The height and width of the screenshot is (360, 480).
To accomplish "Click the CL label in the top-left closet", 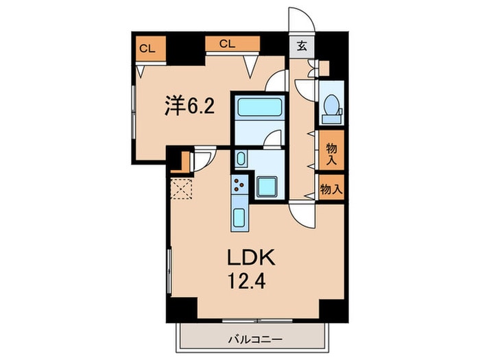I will (x=146, y=48).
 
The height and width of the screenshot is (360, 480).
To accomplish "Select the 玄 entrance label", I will (x=302, y=47).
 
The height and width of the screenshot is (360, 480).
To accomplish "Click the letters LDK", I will (x=252, y=259).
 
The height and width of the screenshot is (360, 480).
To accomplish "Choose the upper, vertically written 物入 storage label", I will (x=331, y=154).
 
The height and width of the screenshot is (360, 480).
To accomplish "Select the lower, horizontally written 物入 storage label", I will (x=331, y=189).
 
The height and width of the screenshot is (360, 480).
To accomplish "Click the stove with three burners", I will (x=240, y=185).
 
